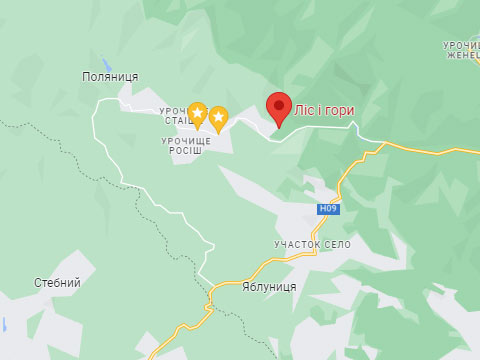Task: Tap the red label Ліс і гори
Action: [324, 110]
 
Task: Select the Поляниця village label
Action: [110, 77]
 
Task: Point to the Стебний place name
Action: [57, 283]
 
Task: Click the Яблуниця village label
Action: [269, 285]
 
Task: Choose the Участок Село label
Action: [313, 244]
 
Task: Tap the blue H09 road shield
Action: [328, 209]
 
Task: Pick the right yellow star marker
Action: [218, 119]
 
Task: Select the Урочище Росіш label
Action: [186, 147]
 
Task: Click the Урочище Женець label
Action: [461, 49]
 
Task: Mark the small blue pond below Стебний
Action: [4, 325]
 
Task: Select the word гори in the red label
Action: [338, 110]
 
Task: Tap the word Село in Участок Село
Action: [338, 244]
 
